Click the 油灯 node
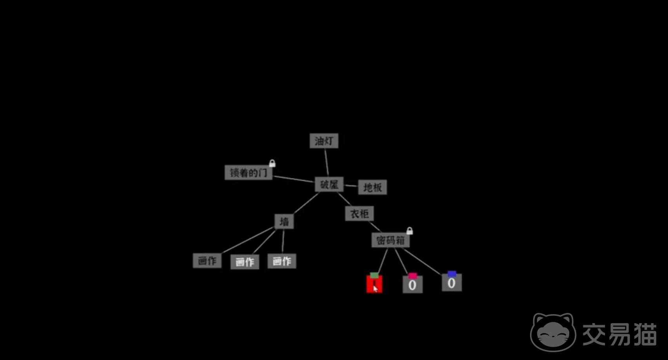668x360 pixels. tap(324, 141)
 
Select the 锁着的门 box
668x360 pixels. tap(249, 172)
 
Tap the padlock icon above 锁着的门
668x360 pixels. tap(272, 163)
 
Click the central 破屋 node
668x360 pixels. tap(329, 185)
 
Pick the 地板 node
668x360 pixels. tap(372, 187)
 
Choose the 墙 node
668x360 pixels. tap(284, 221)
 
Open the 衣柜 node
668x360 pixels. tap(359, 213)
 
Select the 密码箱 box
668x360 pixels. tap(390, 240)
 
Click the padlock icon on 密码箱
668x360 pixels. tap(410, 231)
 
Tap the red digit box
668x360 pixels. tap(374, 284)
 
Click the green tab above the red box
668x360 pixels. tap(374, 275)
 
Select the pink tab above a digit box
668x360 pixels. tap(413, 275)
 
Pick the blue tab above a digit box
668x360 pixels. tap(452, 273)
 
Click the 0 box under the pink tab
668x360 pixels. tap(413, 285)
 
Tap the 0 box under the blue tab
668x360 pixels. tap(452, 282)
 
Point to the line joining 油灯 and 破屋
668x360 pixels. tap(327, 163)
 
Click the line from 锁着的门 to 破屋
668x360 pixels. tap(294, 179)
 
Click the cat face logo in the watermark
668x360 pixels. tap(553, 332)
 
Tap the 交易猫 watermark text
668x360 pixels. tap(620, 334)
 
